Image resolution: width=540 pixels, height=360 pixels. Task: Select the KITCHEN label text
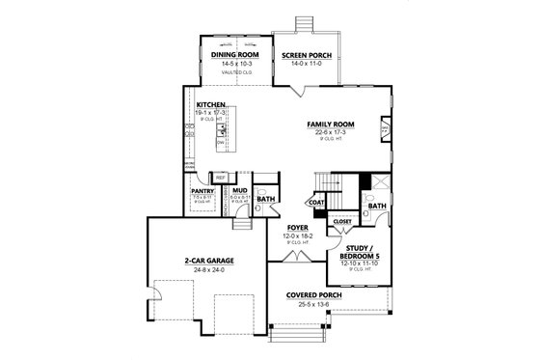[x=212, y=104]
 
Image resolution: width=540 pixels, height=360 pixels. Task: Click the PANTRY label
[x=203, y=190]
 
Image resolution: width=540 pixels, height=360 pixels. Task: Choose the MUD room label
[x=240, y=190]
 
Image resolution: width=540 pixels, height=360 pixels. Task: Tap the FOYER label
[x=297, y=227]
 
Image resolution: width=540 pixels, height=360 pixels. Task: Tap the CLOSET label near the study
[x=342, y=220]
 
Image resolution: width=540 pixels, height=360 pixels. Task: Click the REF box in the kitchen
[x=221, y=179]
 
